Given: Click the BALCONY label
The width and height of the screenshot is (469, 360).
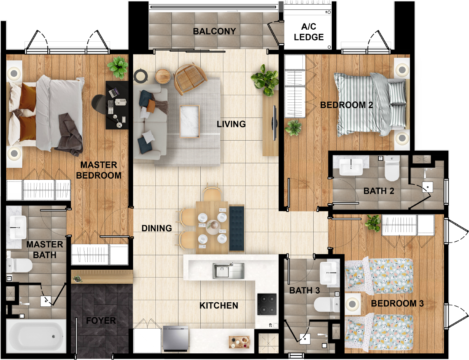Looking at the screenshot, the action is pyautogui.click(x=214, y=31).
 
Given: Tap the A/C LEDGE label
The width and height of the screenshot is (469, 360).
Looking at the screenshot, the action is pyautogui.click(x=309, y=32).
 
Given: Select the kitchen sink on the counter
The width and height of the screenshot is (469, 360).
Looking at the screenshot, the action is pyautogui.click(x=228, y=271).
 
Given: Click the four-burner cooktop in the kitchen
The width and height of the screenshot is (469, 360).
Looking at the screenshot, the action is pyautogui.click(x=267, y=304).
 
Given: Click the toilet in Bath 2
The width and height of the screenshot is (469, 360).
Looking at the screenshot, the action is pyautogui.click(x=392, y=169).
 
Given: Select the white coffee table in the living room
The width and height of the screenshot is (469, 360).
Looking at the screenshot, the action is pyautogui.click(x=190, y=121).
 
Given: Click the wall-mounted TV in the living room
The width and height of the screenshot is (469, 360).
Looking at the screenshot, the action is pyautogui.click(x=274, y=123).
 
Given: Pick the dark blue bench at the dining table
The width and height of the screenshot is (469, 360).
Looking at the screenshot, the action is pyautogui.click(x=237, y=228).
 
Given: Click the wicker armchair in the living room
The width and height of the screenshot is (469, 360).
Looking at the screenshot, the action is pyautogui.click(x=190, y=78).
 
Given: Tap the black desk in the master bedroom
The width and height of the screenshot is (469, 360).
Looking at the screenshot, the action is pyautogui.click(x=117, y=105).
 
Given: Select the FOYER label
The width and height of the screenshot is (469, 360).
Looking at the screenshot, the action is pyautogui.click(x=101, y=320).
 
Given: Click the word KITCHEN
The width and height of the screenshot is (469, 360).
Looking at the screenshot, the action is pyautogui.click(x=219, y=306).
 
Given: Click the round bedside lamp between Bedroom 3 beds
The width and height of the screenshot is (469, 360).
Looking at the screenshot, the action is pyautogui.click(x=352, y=304).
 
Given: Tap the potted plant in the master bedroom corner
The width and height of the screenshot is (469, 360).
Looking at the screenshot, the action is pyautogui.click(x=118, y=67).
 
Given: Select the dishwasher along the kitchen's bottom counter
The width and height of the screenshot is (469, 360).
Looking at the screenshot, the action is pyautogui.click(x=176, y=339).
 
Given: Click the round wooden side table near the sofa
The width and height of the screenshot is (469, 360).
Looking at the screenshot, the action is pyautogui.click(x=163, y=77).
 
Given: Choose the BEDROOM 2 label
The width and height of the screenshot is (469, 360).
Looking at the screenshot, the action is pyautogui.click(x=346, y=105).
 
